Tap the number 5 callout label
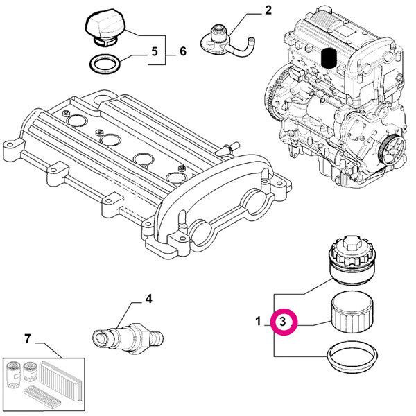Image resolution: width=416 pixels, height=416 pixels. (155, 51)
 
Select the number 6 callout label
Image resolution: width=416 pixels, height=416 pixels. (183, 51)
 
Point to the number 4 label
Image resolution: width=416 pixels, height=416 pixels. (148, 300)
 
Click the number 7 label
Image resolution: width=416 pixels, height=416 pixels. (28, 339)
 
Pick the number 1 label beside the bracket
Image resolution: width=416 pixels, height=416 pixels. (258, 322)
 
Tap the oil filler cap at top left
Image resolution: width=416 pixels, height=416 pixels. (105, 28)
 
